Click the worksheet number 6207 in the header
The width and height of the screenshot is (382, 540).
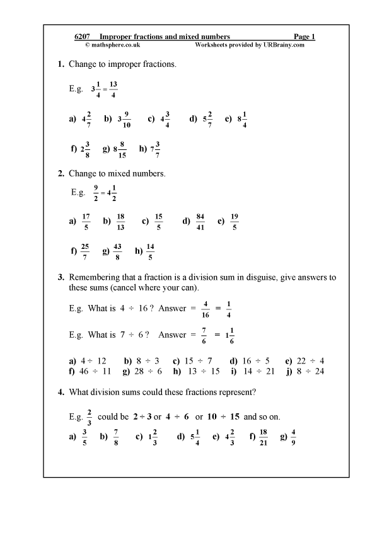[83, 37]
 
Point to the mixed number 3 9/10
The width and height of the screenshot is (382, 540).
[124, 118]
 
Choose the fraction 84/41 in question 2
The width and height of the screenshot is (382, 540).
[200, 222]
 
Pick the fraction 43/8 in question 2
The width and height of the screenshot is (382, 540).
[117, 251]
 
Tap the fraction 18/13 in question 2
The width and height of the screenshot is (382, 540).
[120, 222]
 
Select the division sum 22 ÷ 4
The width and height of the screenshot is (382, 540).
[313, 361]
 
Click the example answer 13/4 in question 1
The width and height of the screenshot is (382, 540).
[113, 89]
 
